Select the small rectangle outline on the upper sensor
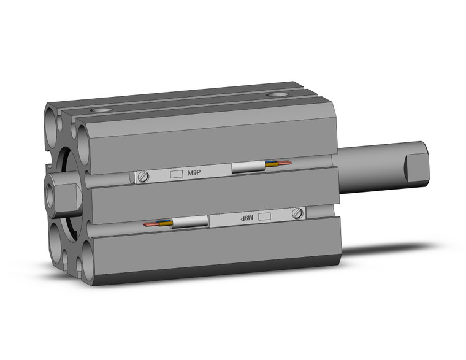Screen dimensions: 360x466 tap(176, 174)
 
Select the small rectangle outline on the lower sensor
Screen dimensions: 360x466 tap(265, 216)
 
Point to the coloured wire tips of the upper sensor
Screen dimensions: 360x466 tap(278, 164)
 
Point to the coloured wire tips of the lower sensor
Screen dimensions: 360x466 tap(157, 224)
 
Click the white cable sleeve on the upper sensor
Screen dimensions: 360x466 tap(248, 168)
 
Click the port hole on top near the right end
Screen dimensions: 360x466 tap(280, 95)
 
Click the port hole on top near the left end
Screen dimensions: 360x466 tap(101, 110)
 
